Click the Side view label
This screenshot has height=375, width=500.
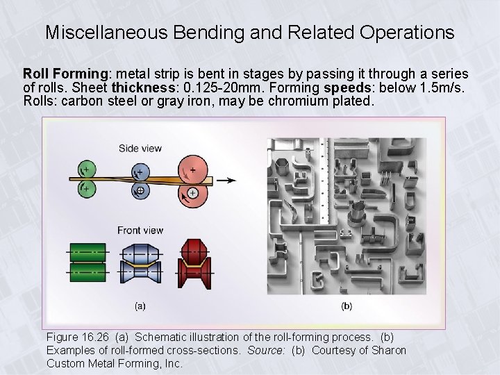(140, 148)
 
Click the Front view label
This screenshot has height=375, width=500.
(140, 231)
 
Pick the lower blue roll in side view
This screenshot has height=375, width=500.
(140, 190)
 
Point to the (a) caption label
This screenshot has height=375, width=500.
(140, 305)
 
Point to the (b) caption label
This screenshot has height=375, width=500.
(346, 305)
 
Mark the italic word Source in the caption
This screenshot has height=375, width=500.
(267, 350)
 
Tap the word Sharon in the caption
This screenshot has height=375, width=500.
(388, 350)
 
